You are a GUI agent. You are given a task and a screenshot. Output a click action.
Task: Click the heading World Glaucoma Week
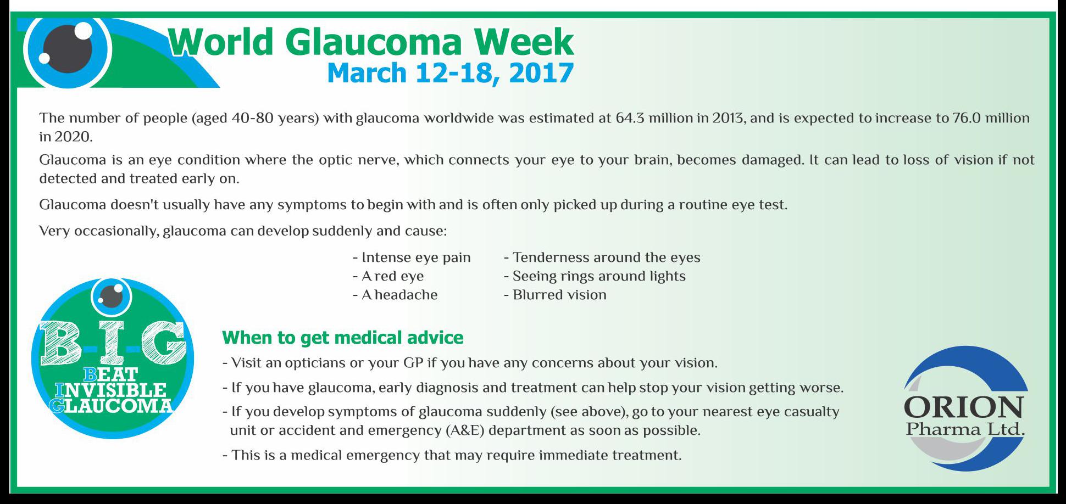(x=371, y=42)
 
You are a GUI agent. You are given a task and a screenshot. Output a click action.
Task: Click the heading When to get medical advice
(x=343, y=337)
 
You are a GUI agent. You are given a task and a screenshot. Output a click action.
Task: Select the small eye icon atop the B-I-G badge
(x=112, y=296)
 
